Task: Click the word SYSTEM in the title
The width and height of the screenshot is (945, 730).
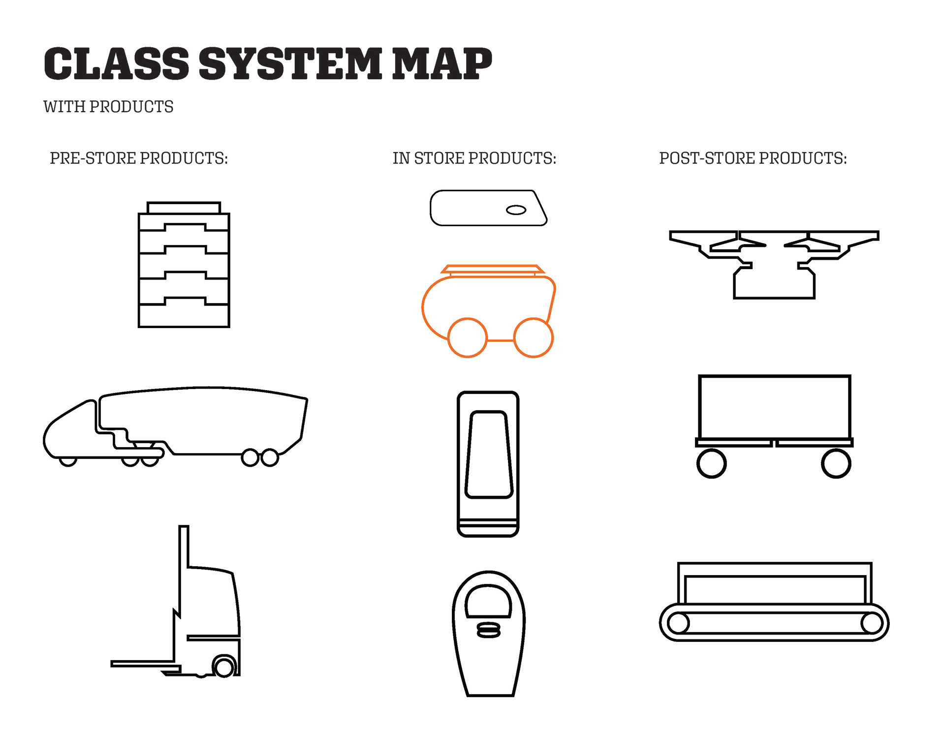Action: point(290,64)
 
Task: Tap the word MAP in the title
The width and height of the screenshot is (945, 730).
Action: point(442,64)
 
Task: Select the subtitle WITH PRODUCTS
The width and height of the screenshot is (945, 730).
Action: point(108,107)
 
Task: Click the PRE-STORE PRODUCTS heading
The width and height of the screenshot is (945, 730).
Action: point(139,158)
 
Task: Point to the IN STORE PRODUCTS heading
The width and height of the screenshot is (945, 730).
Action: point(474,158)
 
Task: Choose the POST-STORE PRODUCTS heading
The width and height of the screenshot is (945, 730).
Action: point(753,158)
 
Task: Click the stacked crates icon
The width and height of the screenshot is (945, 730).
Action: point(184,266)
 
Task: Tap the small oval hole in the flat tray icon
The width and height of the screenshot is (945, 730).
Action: point(516,210)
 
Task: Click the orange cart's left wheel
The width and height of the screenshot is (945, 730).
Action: point(467,337)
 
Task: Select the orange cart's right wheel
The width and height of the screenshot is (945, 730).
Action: point(534,337)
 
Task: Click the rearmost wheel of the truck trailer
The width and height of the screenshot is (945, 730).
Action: point(270,457)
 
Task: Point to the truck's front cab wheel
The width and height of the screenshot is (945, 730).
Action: point(68,461)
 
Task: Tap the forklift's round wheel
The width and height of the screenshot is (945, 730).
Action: point(224,668)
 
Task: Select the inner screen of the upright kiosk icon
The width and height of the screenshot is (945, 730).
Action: point(489,455)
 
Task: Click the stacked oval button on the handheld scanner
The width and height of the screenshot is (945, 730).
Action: point(489,630)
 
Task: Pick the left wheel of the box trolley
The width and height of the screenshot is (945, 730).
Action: point(711,463)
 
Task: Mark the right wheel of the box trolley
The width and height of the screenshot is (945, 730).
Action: point(836,463)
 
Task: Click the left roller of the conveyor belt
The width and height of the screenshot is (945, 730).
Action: point(678,623)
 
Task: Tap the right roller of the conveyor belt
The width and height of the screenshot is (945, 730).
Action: point(872,623)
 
